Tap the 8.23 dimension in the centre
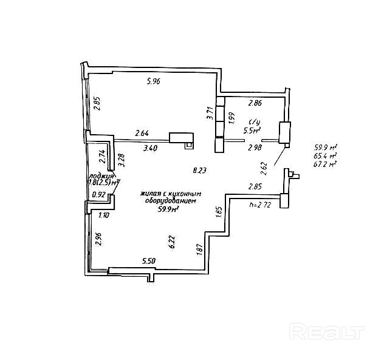[x=199, y=171]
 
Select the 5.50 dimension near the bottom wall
[x=149, y=260]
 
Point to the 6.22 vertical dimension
[x=173, y=242]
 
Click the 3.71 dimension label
[x=209, y=113]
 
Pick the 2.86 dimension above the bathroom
[x=255, y=104]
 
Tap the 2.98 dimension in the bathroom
[x=255, y=147]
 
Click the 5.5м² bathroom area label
[x=252, y=130]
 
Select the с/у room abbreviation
[x=254, y=121]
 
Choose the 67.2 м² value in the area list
[x=326, y=164]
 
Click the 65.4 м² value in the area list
[x=326, y=155]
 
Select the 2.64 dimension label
[x=142, y=134]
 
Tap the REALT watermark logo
[x=326, y=331]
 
